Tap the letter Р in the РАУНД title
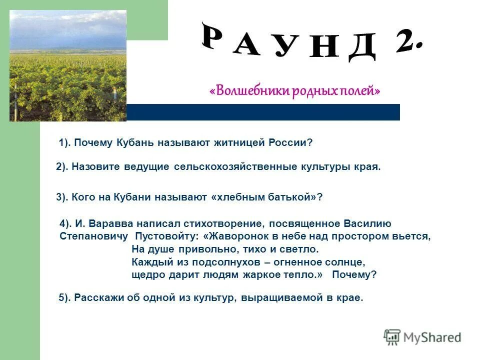tap(216, 36)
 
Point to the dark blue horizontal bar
tap(263, 112)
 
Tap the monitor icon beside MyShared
tap(392, 337)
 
